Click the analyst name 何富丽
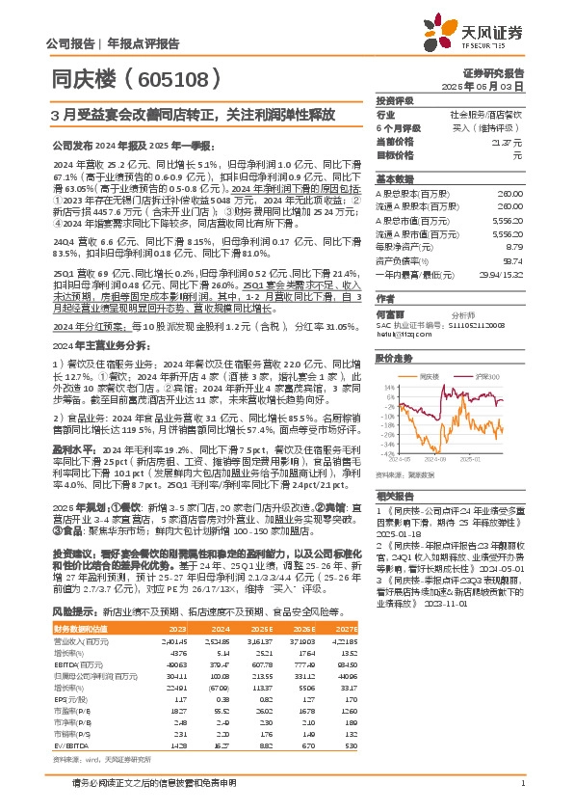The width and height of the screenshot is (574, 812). click(390, 314)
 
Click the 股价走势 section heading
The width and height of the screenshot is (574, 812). click(392, 356)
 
